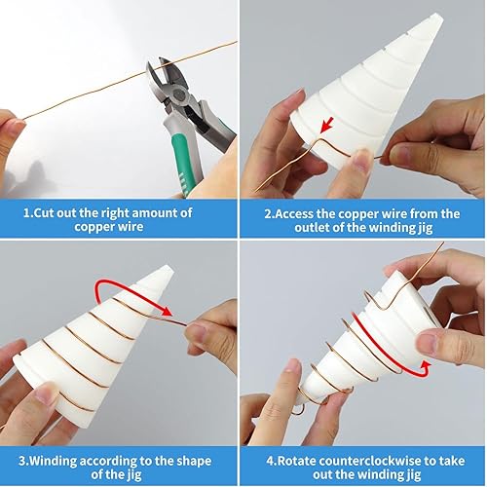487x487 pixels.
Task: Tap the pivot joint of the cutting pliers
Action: click(x=178, y=94)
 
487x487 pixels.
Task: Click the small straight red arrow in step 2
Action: click(x=327, y=126)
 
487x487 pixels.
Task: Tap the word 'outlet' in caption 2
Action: click(x=312, y=227)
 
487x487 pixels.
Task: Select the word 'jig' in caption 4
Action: click(x=413, y=475)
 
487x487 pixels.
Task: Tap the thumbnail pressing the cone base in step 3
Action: click(x=45, y=395)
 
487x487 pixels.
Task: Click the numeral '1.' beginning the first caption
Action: click(x=28, y=213)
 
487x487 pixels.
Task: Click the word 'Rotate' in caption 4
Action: click(x=290, y=461)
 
